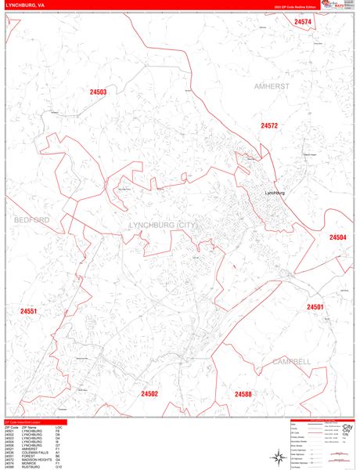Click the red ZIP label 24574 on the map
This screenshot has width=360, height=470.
303,22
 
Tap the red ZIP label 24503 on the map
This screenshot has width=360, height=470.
97,92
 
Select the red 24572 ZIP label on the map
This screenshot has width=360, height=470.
269,125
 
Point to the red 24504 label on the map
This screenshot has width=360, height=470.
337,237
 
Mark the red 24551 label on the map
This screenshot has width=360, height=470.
28,311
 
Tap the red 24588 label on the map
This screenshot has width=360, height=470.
243,394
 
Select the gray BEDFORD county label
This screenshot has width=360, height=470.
31,220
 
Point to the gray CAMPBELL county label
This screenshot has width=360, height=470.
292,361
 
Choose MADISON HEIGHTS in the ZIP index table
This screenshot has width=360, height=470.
39,460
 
